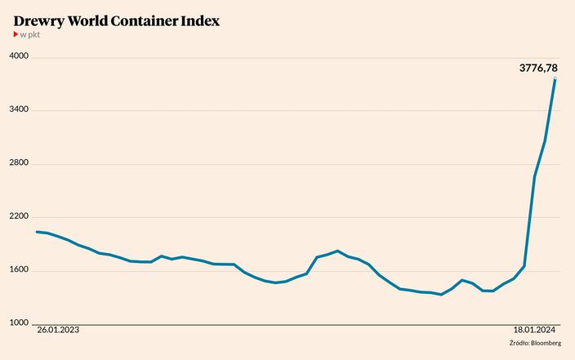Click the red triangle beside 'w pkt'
click(16, 35)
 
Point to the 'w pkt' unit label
click(30, 35)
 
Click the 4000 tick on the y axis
click(19, 56)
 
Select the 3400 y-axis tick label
click(19, 110)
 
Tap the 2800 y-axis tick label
click(19, 163)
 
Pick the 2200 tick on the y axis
click(19, 217)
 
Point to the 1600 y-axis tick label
click(19, 270)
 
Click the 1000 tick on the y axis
click(19, 323)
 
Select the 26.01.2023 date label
click(59, 331)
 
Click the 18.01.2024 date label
click(535, 331)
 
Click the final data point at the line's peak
click(555, 79)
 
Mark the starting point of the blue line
click(37, 232)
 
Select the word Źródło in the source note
click(518, 343)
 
